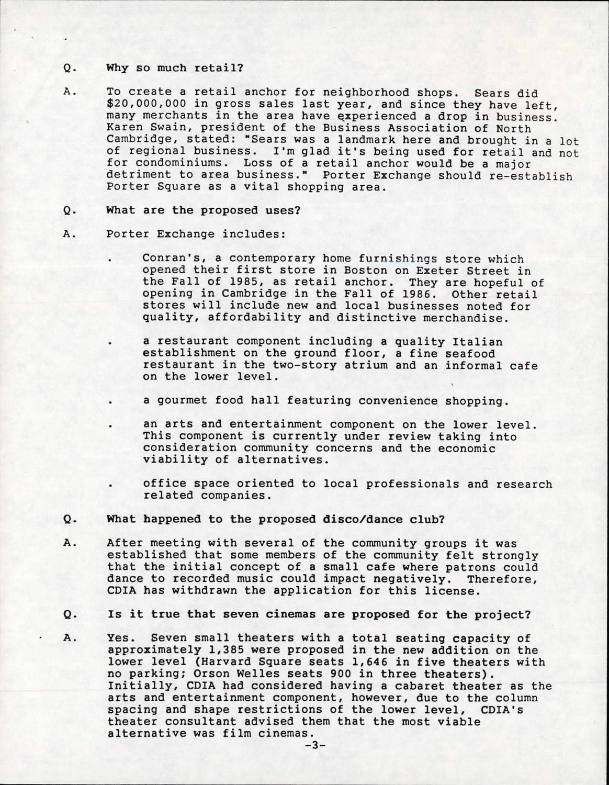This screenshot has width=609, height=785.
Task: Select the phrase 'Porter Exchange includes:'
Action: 196,234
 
